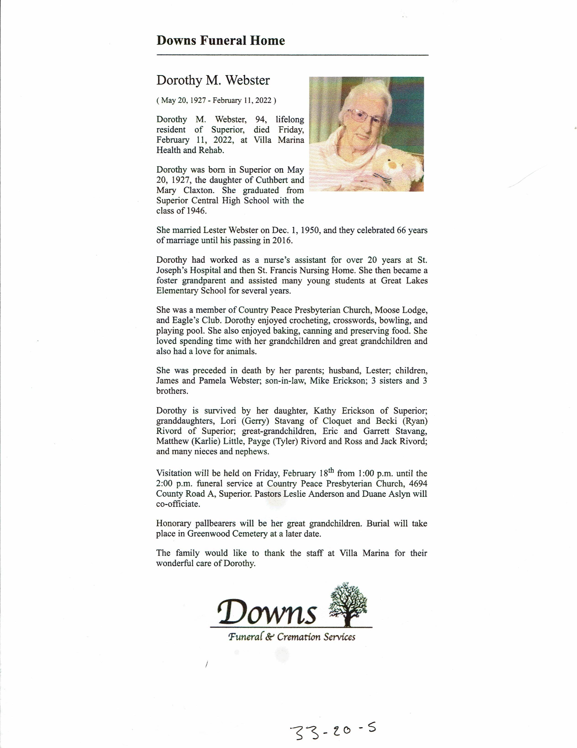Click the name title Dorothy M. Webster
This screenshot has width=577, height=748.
(x=213, y=80)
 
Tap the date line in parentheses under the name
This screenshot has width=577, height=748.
(x=216, y=100)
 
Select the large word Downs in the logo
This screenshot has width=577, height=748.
(x=266, y=612)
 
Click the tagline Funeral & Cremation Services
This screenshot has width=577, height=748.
(x=291, y=637)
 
